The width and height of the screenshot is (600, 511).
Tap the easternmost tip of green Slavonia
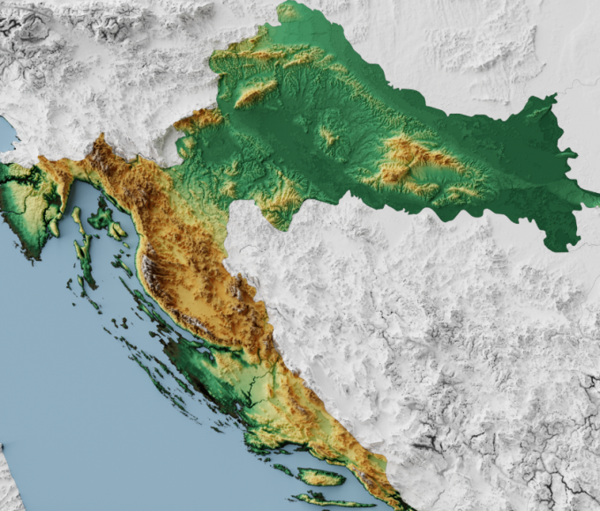pyautogui.click(x=596, y=200)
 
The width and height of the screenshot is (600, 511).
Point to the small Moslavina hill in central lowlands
pyautogui.click(x=328, y=137)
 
